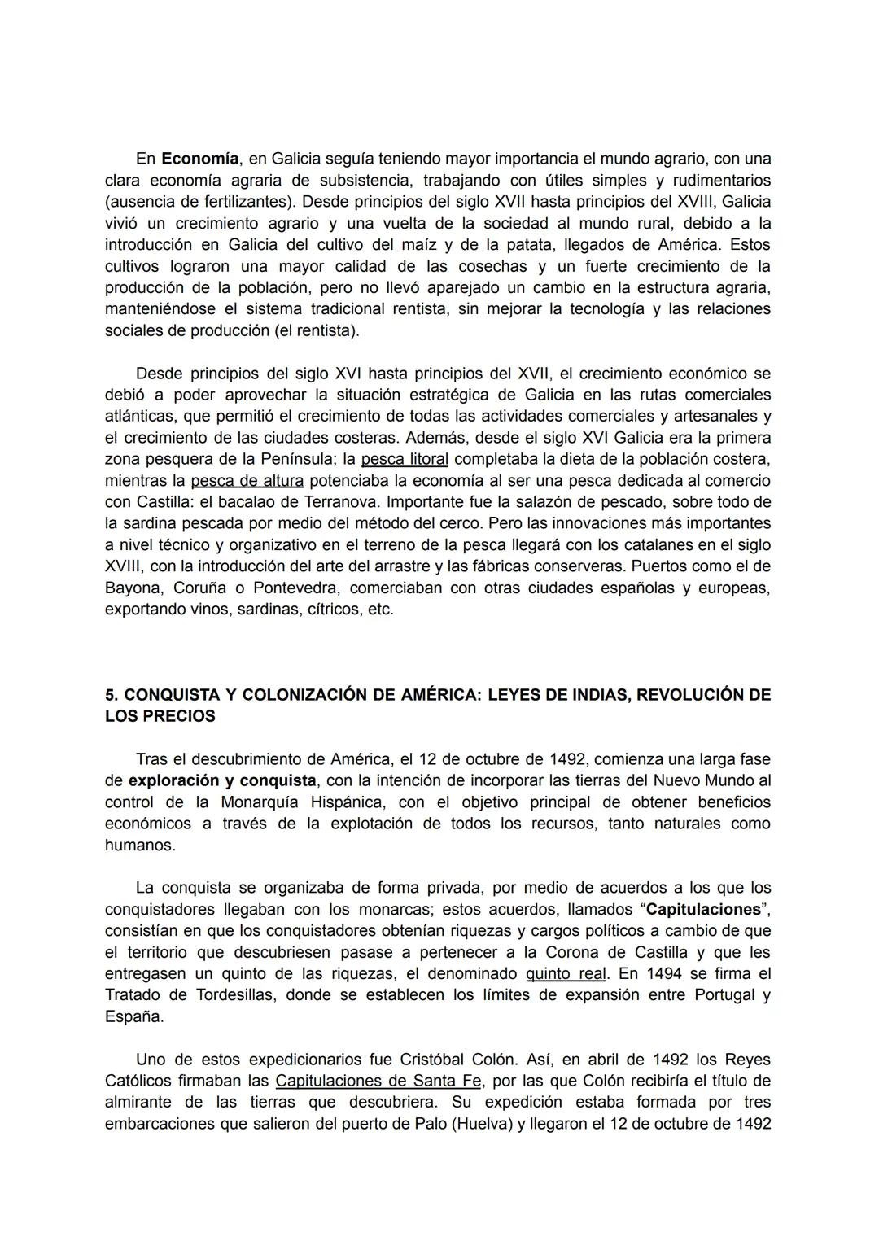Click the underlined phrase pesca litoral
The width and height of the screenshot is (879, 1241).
point(405,459)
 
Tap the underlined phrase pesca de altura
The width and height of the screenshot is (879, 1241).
point(247,480)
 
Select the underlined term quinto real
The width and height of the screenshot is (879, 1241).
point(566,973)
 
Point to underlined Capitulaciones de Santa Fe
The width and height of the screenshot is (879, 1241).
point(378,1081)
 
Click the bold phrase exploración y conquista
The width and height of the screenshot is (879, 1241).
point(222,780)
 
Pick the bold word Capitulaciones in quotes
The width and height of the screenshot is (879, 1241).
point(704,909)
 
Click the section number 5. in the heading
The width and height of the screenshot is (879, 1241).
point(112,695)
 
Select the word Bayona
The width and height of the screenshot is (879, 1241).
point(133,588)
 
